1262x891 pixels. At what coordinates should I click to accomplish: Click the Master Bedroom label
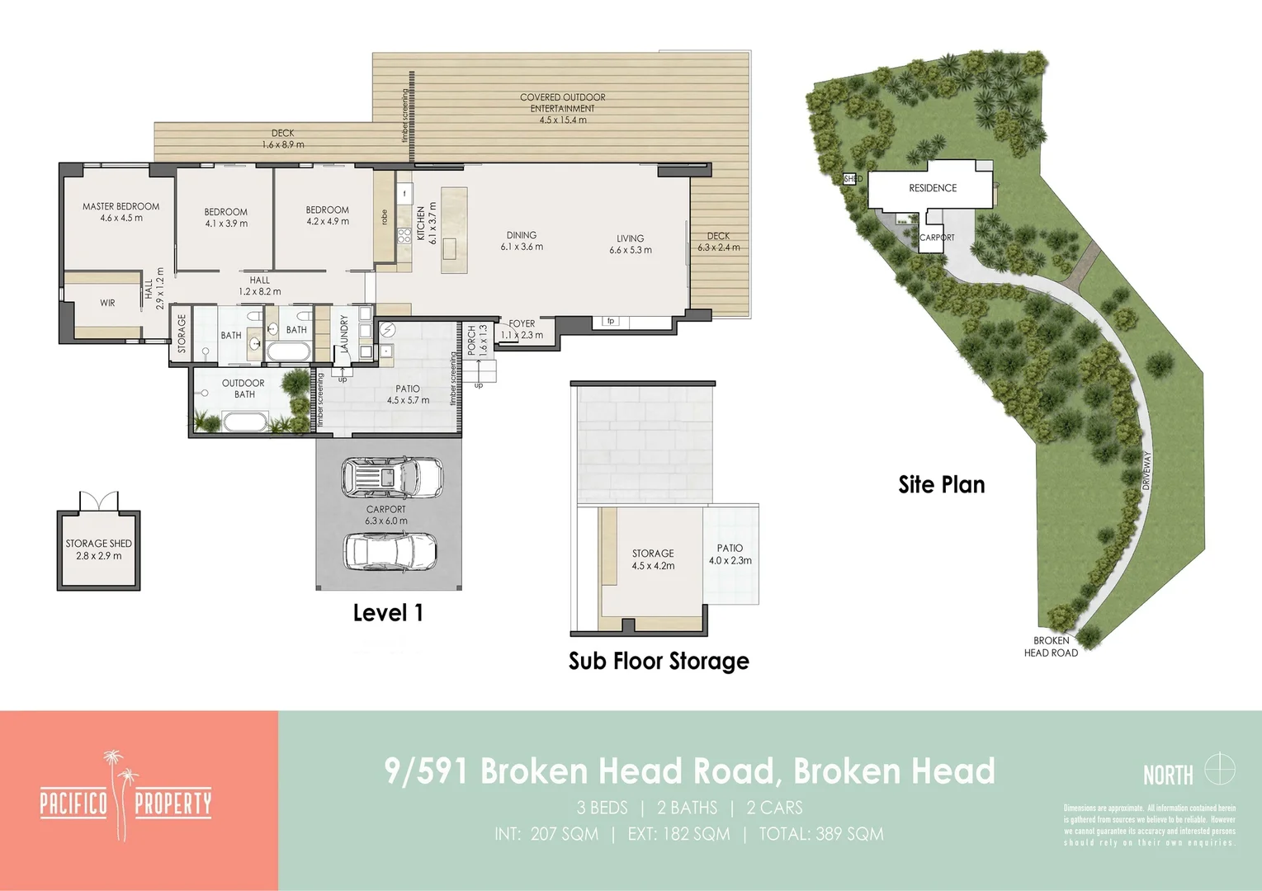(x=121, y=207)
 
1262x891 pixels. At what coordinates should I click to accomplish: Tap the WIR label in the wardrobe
(x=107, y=303)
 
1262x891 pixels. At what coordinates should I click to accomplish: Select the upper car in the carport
(x=392, y=478)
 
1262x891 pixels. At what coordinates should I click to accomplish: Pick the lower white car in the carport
(x=390, y=551)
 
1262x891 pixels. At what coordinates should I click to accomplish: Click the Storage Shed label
(x=98, y=544)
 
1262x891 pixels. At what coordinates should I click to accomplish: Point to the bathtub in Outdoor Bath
(x=245, y=422)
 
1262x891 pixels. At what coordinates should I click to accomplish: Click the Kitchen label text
(x=420, y=224)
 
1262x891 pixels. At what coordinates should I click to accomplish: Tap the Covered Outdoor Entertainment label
(x=562, y=103)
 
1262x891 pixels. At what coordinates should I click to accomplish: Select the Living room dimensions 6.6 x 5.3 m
(x=631, y=250)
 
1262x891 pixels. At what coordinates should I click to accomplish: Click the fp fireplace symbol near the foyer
(x=611, y=321)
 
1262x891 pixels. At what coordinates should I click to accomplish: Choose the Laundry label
(x=344, y=334)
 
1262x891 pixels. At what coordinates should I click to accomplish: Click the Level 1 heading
(x=388, y=613)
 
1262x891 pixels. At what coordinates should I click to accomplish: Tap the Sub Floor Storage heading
(x=659, y=661)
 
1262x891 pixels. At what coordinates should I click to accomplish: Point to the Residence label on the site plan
(x=933, y=188)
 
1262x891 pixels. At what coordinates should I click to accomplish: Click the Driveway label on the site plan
(x=1146, y=471)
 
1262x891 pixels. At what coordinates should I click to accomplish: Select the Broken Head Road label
(x=1051, y=647)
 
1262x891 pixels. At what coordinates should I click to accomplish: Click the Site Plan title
(x=942, y=484)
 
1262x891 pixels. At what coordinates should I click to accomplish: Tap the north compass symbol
(x=1219, y=770)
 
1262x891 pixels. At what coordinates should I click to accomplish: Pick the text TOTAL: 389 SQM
(x=821, y=834)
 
